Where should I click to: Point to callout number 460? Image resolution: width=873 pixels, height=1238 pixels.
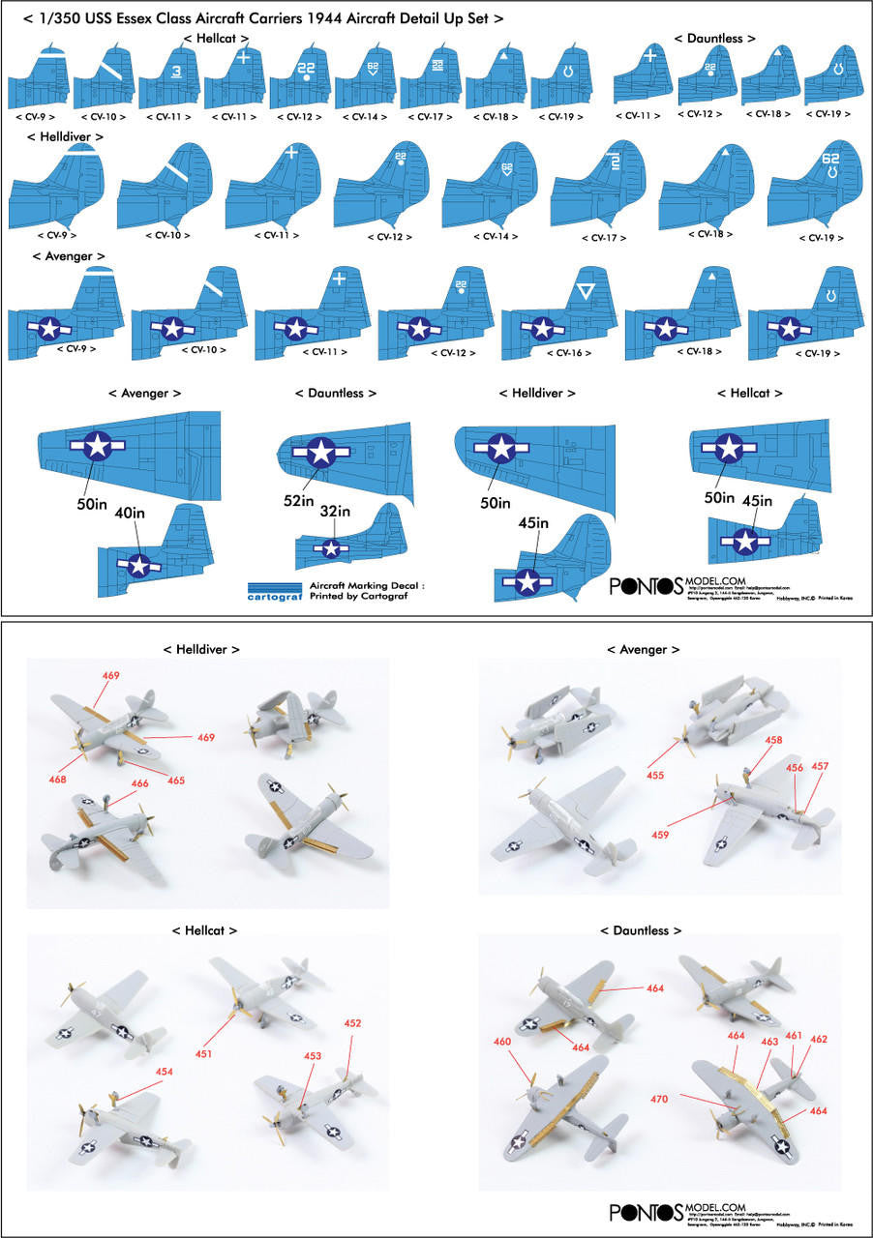tap(502, 1042)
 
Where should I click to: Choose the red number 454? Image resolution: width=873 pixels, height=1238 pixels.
tap(164, 1071)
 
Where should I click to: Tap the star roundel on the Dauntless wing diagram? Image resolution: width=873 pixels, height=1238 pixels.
tap(320, 450)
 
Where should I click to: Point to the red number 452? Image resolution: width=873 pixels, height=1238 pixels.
tap(352, 1022)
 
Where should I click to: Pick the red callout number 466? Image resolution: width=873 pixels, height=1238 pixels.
tap(139, 784)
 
